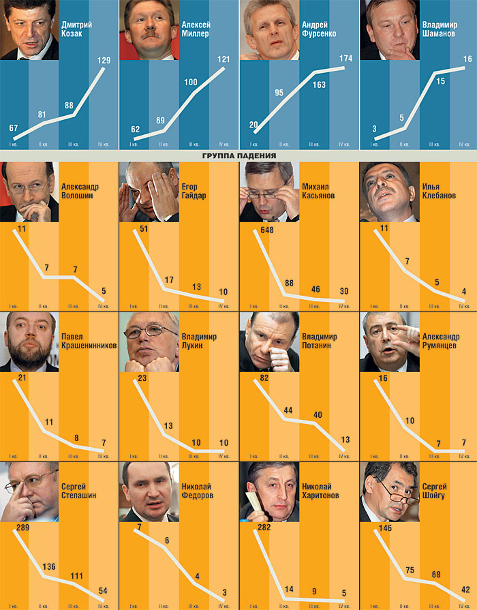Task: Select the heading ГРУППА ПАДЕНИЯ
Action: click(x=238, y=156)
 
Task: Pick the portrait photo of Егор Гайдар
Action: click(x=149, y=192)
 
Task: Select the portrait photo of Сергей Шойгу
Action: click(x=389, y=491)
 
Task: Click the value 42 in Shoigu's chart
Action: click(x=465, y=589)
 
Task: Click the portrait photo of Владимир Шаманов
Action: click(x=388, y=30)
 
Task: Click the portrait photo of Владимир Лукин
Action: click(x=149, y=341)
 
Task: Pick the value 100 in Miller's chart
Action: click(x=191, y=82)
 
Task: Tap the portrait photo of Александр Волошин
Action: click(x=29, y=192)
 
